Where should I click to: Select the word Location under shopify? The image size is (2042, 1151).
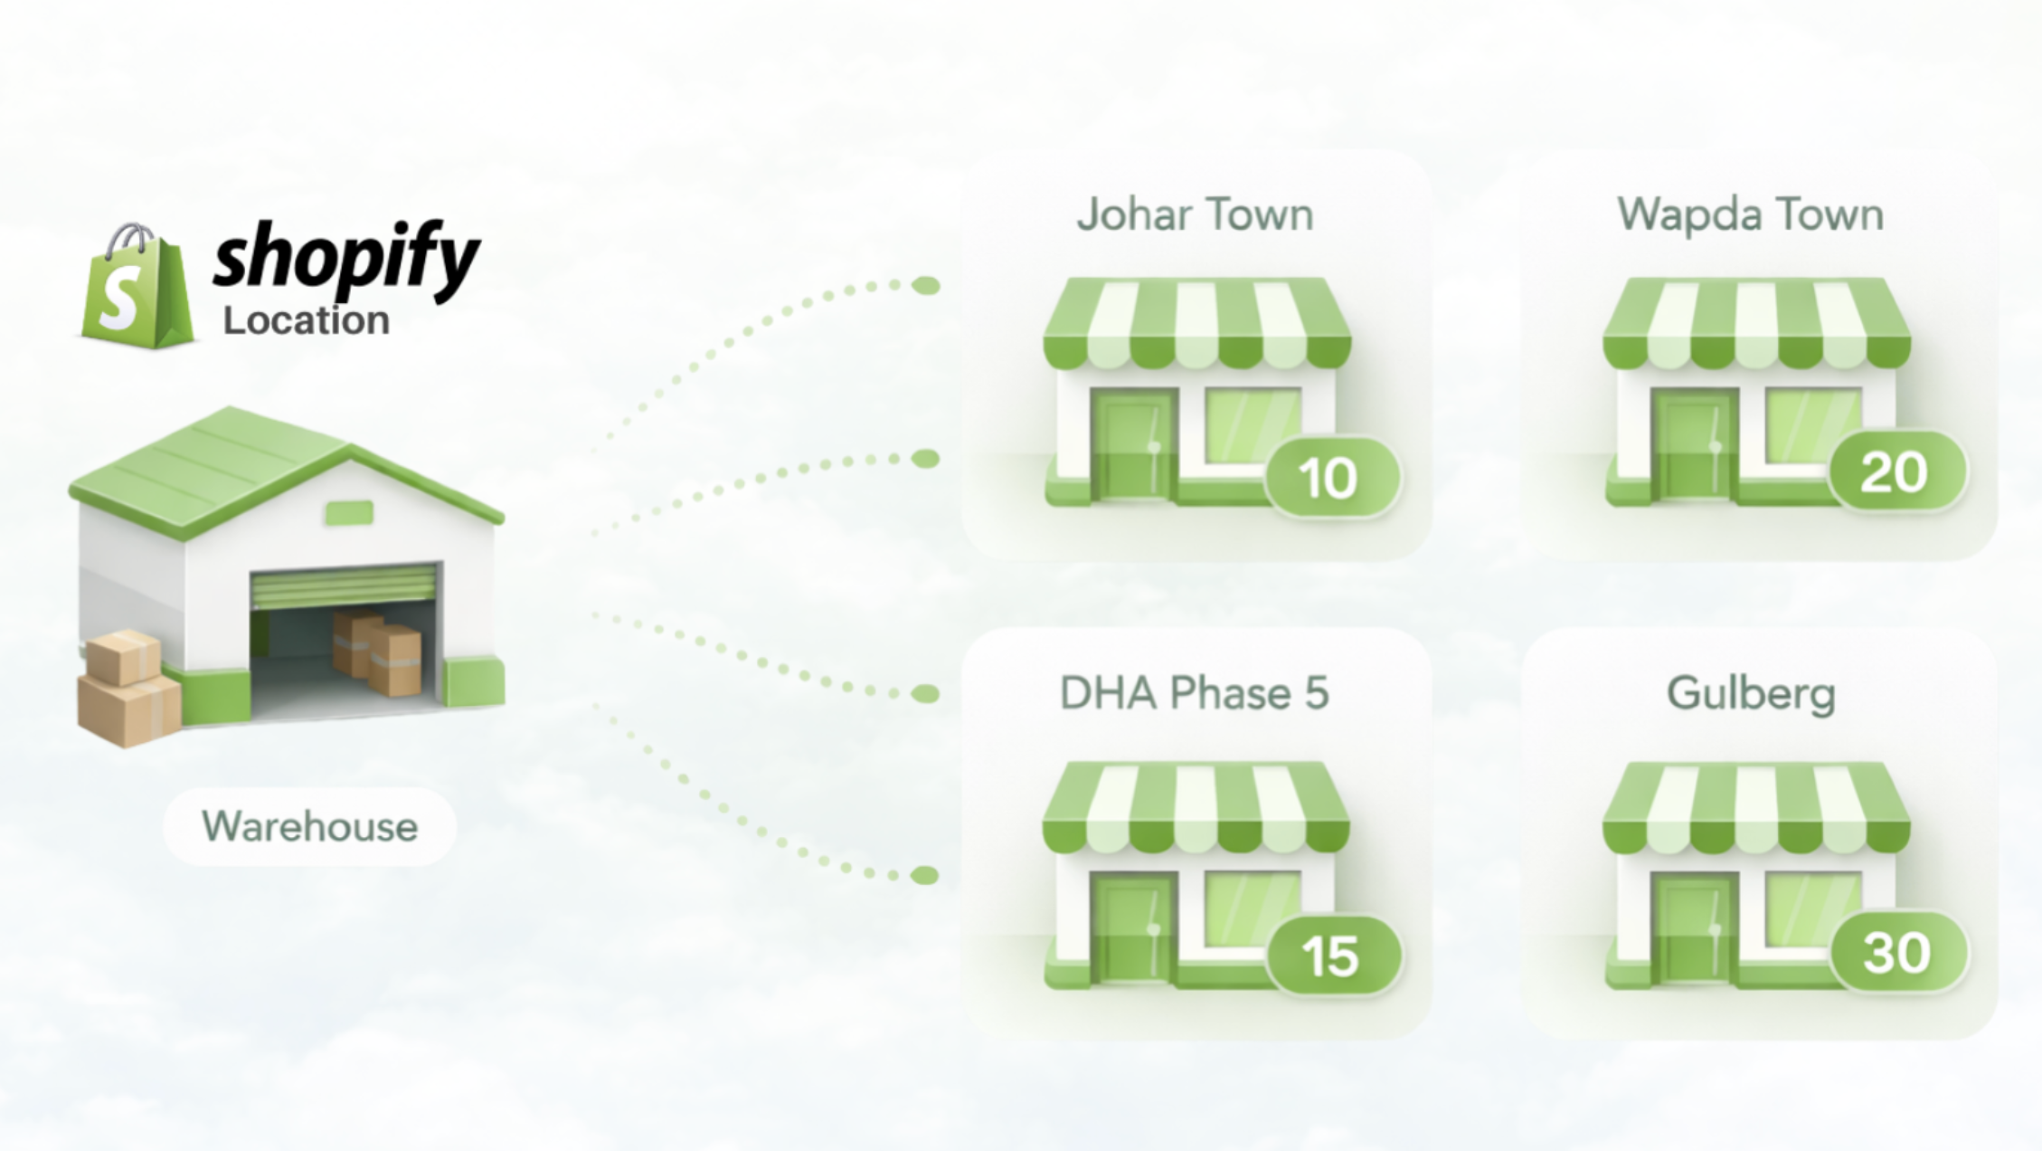tap(306, 321)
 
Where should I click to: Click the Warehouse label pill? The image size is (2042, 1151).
tap(309, 826)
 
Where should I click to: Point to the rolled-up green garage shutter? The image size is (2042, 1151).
tap(344, 586)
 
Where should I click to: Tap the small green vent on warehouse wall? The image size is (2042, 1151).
tap(349, 513)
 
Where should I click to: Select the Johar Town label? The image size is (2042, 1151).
tap(1195, 215)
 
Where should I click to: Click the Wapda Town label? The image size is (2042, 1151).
tap(1750, 215)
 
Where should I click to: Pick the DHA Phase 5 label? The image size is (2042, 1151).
tap(1194, 694)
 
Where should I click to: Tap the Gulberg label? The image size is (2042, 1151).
tap(1751, 694)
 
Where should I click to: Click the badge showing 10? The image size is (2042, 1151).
tap(1330, 477)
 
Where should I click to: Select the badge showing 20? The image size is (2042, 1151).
tap(1895, 472)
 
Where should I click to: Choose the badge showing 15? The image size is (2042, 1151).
tap(1332, 956)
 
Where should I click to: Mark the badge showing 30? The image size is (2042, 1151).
tap(1897, 952)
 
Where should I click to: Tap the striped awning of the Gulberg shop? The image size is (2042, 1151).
tap(1755, 807)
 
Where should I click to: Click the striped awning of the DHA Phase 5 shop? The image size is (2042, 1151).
tap(1196, 807)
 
